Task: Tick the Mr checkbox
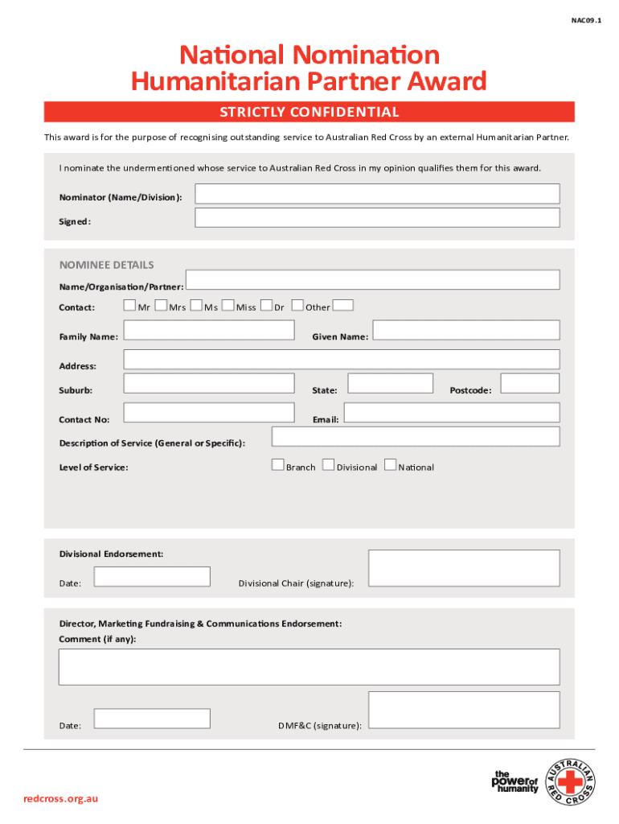(x=129, y=305)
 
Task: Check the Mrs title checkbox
(x=161, y=305)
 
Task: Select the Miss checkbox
(x=228, y=305)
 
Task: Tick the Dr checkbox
(x=267, y=305)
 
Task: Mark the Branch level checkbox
(x=277, y=464)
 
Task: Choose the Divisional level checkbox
(x=328, y=464)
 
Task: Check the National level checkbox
(x=390, y=464)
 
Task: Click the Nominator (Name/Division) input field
(x=377, y=194)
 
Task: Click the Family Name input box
(x=209, y=331)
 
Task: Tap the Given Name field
(x=466, y=331)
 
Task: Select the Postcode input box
(x=530, y=383)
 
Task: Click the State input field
(x=390, y=383)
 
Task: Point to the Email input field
(x=451, y=413)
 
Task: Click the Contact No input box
(x=209, y=413)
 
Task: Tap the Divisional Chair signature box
(x=464, y=567)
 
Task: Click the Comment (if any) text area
(x=309, y=666)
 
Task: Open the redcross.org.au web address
(x=61, y=798)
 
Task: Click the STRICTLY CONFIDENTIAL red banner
(x=309, y=112)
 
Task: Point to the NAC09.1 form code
(x=584, y=22)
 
